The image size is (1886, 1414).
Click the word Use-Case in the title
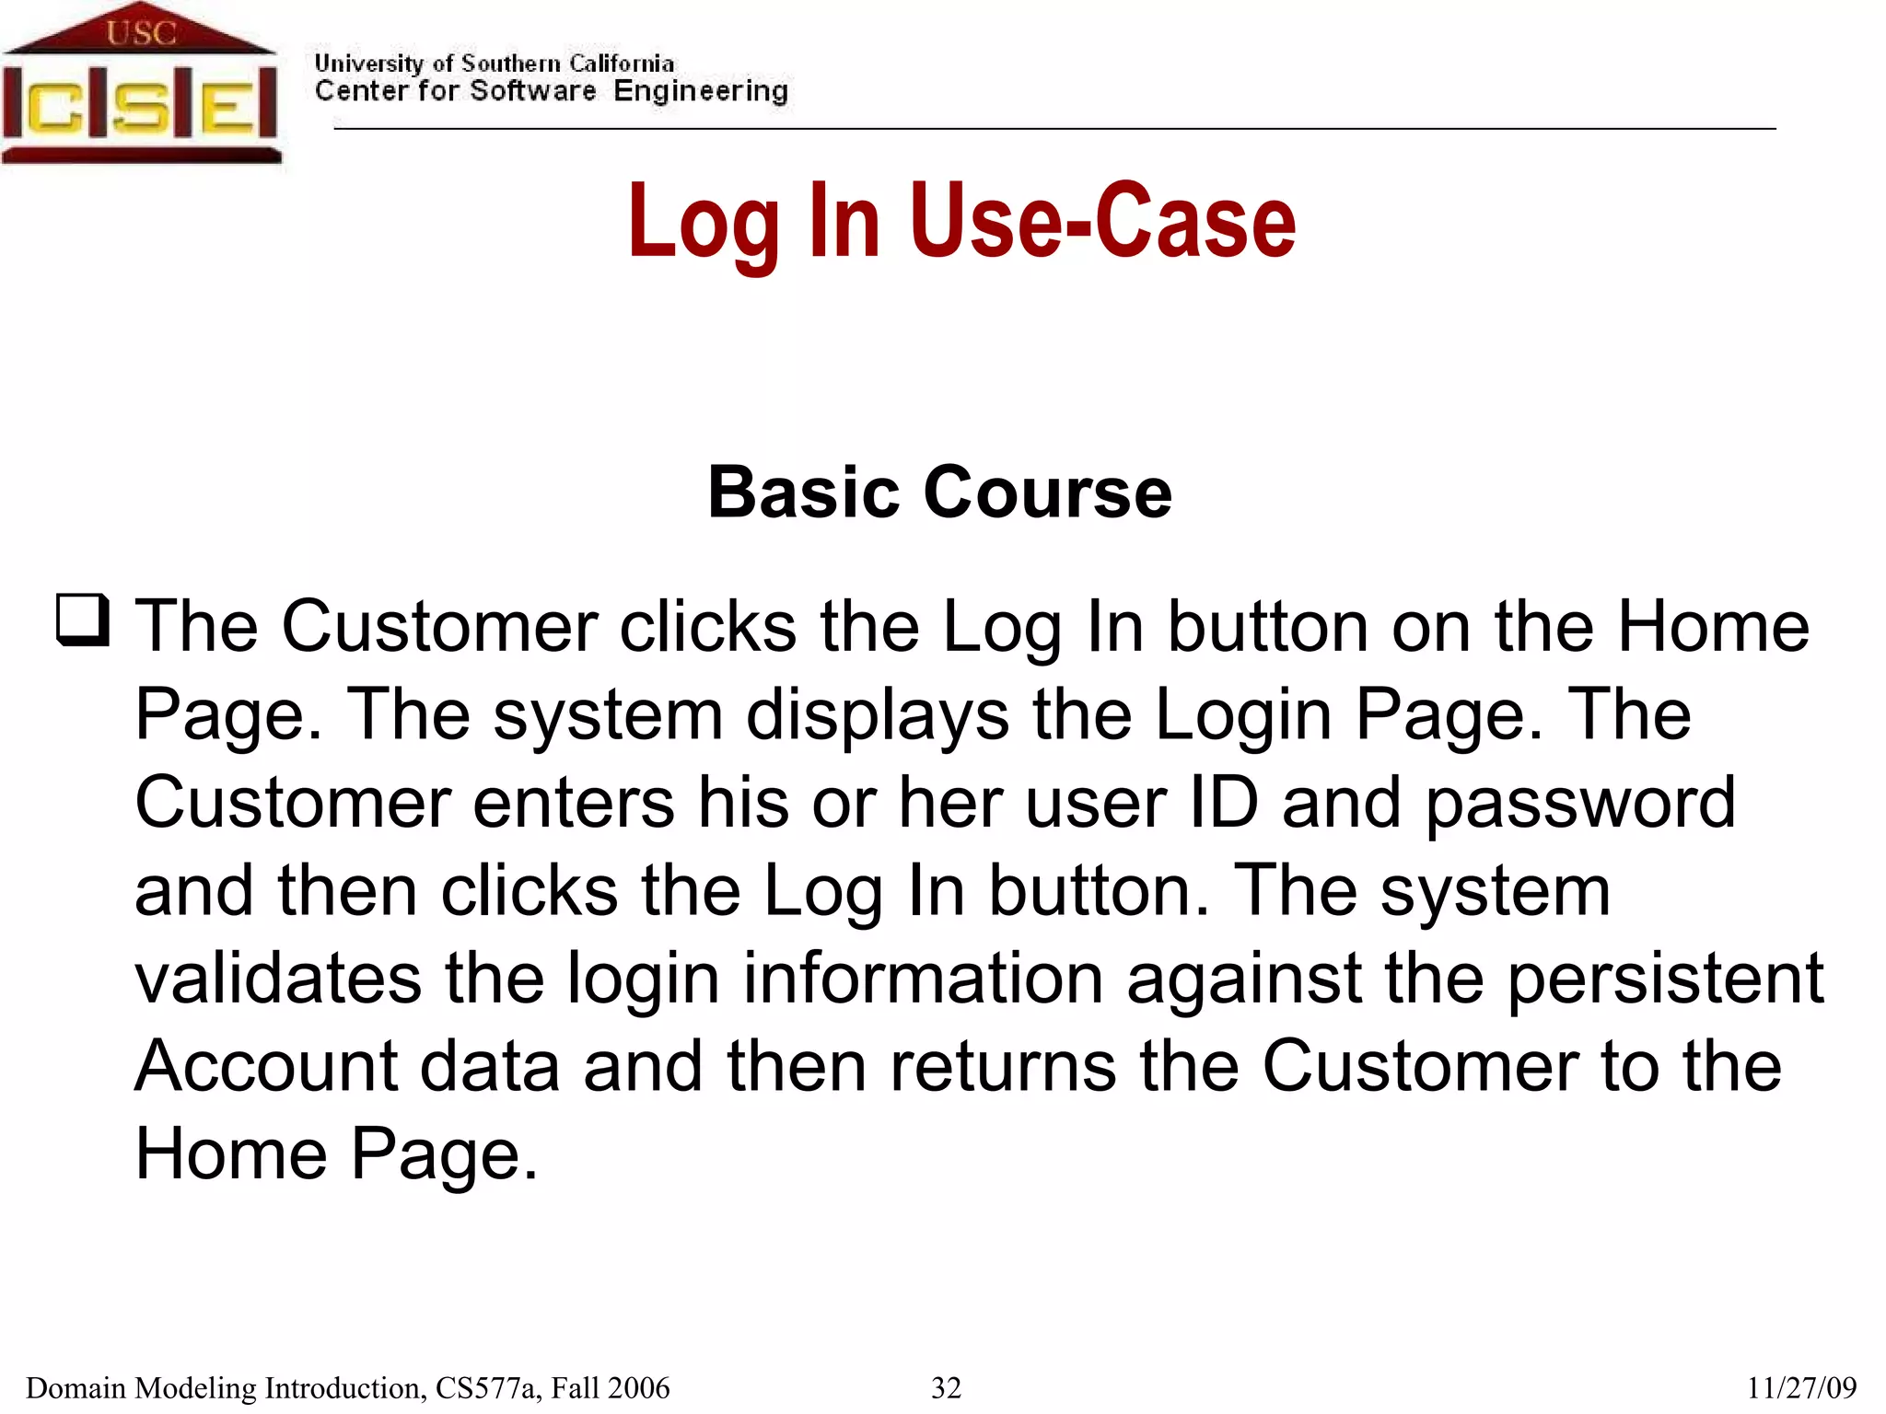pos(1102,222)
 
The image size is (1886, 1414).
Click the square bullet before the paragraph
pos(83,620)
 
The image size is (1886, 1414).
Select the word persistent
pos(1665,978)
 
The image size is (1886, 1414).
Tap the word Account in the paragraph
pos(266,1066)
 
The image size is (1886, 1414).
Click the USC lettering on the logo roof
pos(141,33)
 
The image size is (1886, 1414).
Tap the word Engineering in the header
pos(701,91)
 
